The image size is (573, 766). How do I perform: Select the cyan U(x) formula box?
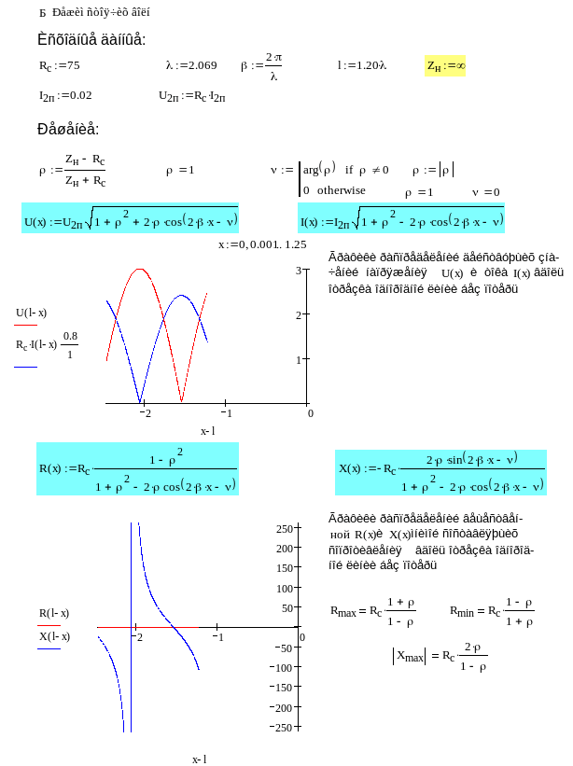pos(131,221)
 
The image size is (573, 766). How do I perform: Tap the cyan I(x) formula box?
pos(401,221)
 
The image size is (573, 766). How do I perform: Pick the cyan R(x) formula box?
pos(137,469)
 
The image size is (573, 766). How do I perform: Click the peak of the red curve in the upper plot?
pos(140,269)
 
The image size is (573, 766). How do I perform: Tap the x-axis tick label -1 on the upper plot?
pos(227,411)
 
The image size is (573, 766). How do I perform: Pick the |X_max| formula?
pos(440,657)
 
